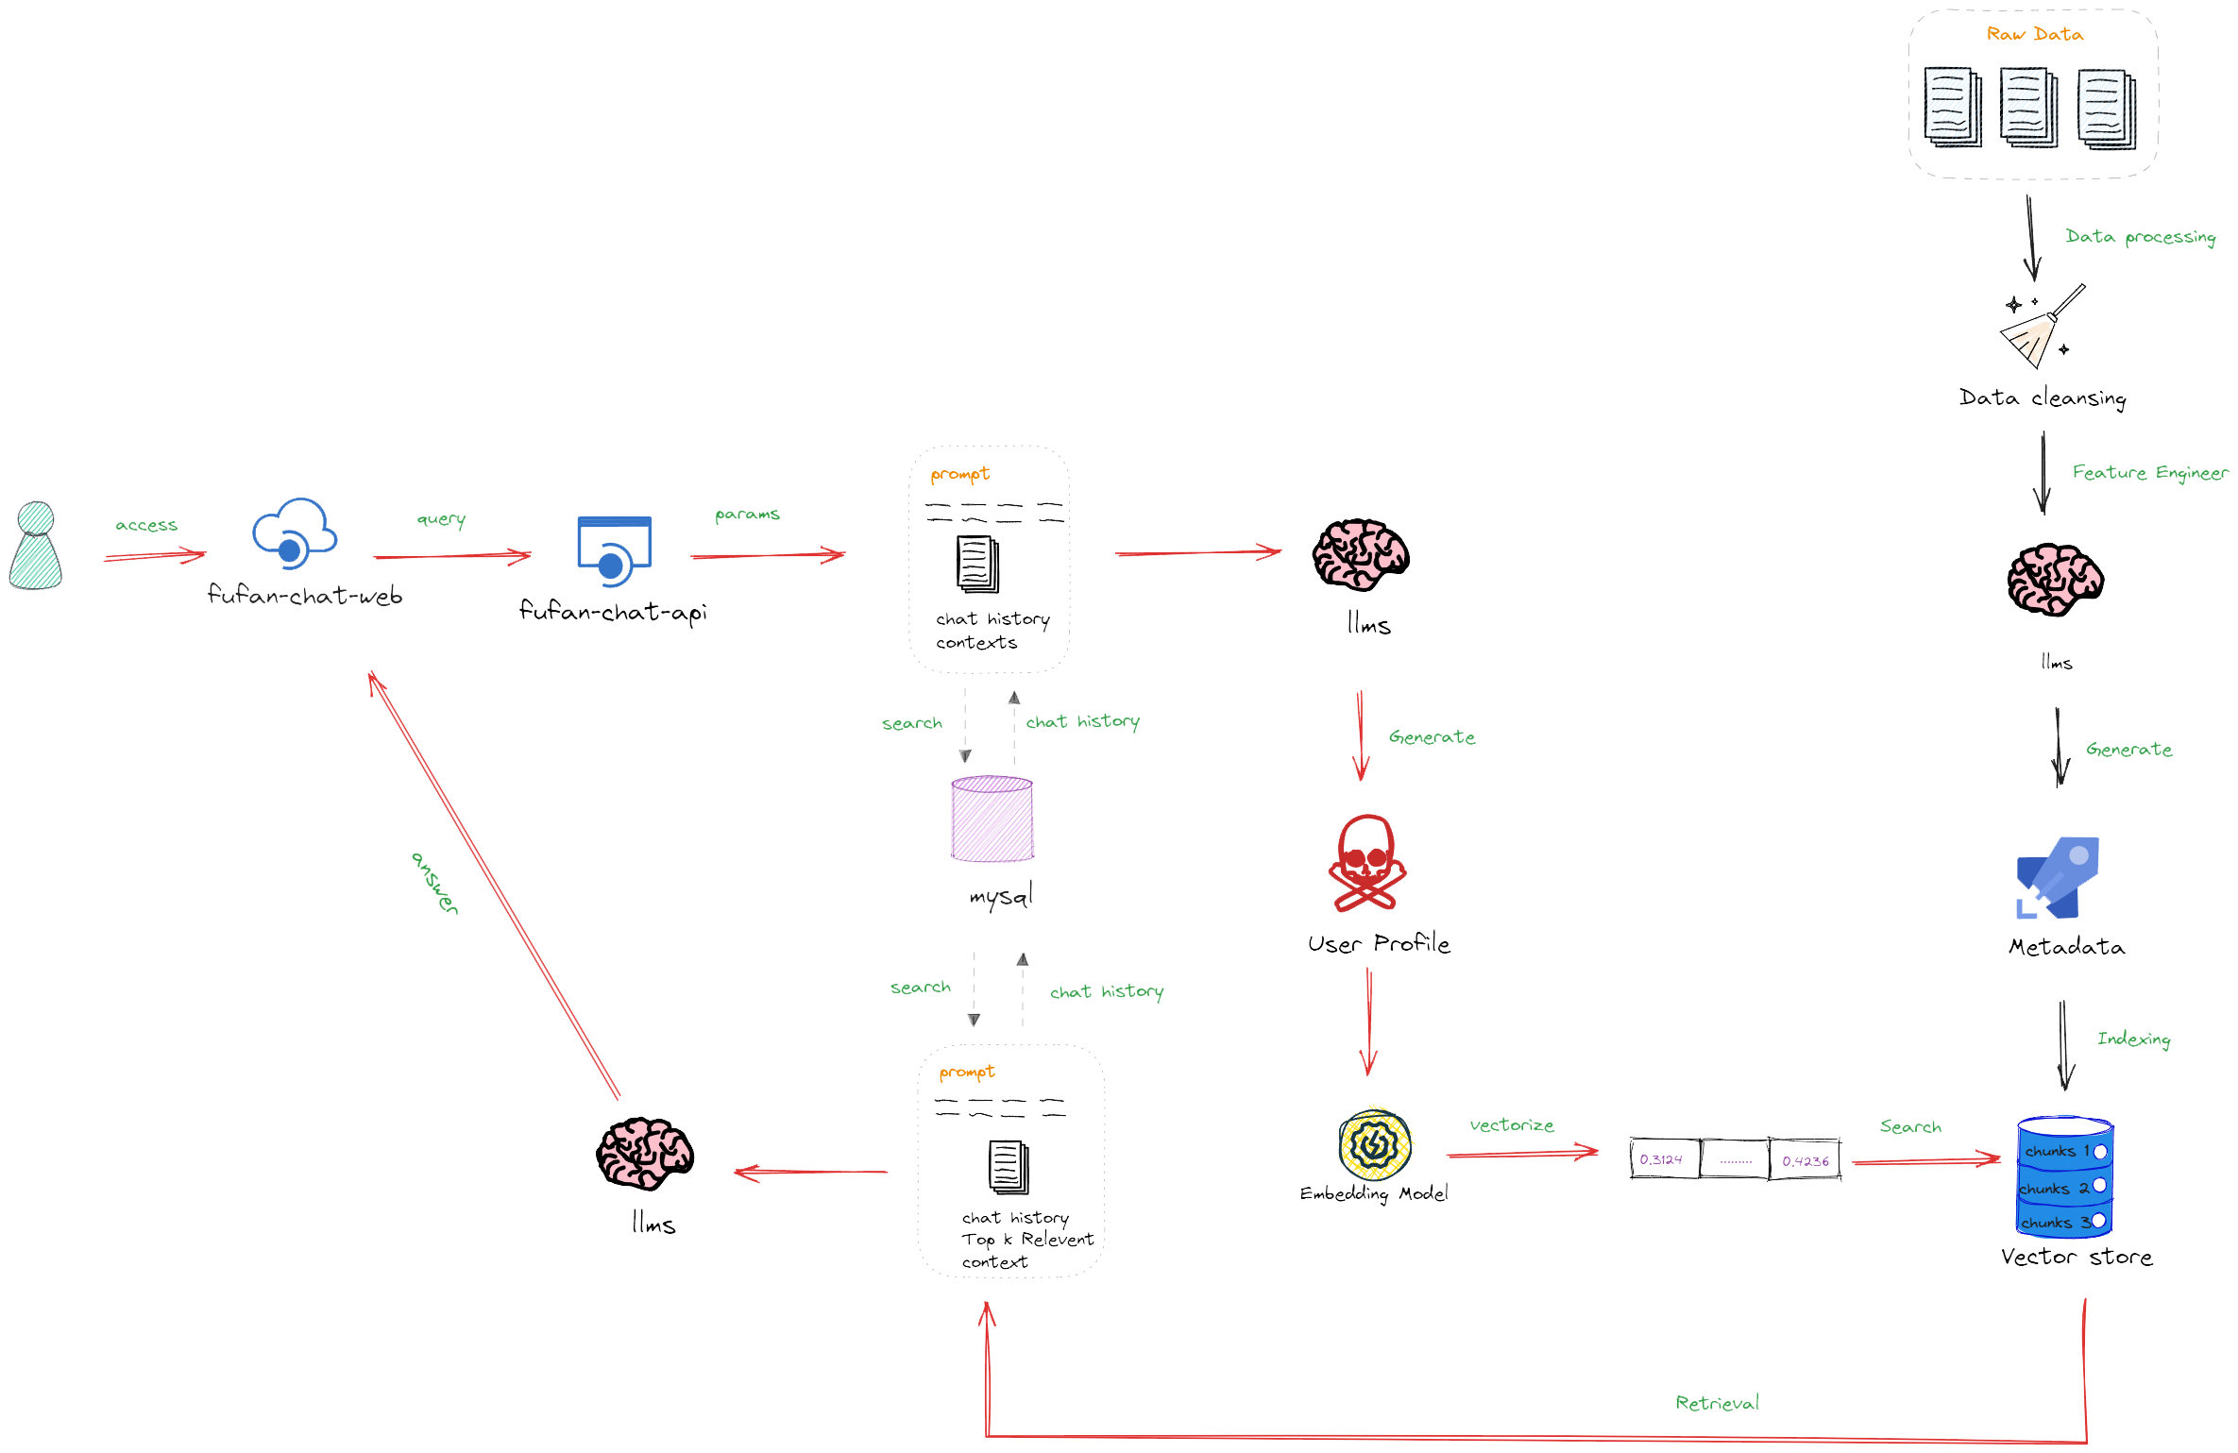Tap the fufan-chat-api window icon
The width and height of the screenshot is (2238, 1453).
point(614,550)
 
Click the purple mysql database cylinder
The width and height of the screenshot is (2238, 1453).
point(992,819)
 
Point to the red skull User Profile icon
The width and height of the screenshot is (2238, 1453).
point(1366,863)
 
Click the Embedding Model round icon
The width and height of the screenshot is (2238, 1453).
point(1375,1145)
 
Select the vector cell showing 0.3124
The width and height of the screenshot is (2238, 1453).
point(1662,1159)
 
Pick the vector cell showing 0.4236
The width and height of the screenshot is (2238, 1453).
point(1805,1160)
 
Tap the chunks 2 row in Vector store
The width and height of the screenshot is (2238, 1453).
point(2064,1188)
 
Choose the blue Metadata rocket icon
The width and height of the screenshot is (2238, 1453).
point(2059,877)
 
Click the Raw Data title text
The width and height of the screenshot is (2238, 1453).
point(2034,34)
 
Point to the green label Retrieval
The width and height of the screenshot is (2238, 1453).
point(1717,1403)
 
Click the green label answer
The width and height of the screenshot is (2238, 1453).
point(435,883)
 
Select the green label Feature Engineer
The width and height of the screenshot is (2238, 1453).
point(2149,472)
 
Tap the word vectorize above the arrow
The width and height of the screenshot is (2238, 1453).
point(1511,1125)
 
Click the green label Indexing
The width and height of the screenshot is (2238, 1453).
point(2133,1039)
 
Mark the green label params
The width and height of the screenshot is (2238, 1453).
point(747,515)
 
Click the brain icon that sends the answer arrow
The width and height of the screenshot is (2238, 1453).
point(646,1154)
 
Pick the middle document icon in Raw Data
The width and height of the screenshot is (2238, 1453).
point(2028,108)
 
